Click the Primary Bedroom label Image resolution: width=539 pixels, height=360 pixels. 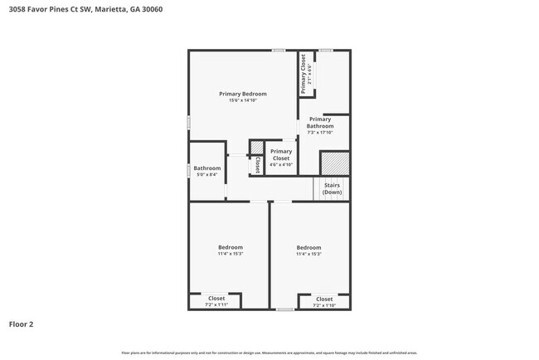[x=243, y=94]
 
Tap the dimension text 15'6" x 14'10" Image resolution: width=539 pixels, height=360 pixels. [x=243, y=100]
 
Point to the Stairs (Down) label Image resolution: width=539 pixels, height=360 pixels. [x=333, y=189]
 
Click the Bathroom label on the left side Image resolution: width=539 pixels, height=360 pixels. [x=207, y=168]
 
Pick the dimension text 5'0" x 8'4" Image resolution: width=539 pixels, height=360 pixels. [x=207, y=175]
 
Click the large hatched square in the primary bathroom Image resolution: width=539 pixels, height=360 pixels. [x=334, y=163]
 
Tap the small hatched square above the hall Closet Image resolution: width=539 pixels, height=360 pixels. [x=257, y=148]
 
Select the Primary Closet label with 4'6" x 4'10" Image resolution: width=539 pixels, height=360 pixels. [x=281, y=154]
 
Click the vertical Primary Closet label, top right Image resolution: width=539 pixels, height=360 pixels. [x=304, y=73]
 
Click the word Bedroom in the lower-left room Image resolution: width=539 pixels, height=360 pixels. [x=231, y=247]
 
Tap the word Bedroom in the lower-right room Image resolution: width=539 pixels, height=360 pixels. [x=308, y=247]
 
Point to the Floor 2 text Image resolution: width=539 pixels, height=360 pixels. [x=22, y=324]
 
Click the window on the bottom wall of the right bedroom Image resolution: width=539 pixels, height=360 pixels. [x=285, y=309]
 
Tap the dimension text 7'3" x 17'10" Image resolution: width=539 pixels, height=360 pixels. [x=320, y=132]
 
